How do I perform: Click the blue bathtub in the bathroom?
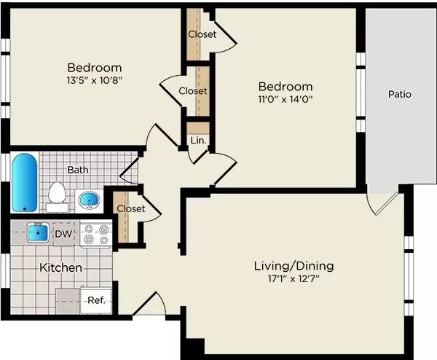tap(24, 181)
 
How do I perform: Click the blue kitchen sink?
tap(38, 233)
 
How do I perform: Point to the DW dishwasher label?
tap(63, 234)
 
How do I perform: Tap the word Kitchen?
tap(60, 267)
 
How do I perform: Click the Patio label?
tap(400, 94)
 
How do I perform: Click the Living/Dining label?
tap(294, 265)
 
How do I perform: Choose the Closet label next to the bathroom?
tap(131, 208)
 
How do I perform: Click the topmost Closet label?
tap(202, 34)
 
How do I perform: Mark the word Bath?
tap(78, 170)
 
